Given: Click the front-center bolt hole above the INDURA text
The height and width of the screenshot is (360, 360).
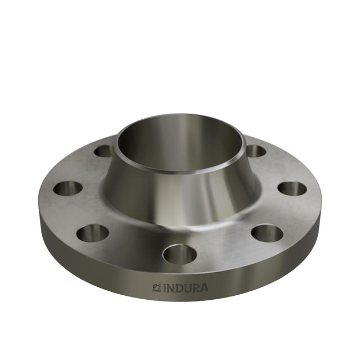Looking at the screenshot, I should coord(179,254).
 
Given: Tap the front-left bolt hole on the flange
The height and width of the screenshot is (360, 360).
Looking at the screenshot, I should coord(93,233).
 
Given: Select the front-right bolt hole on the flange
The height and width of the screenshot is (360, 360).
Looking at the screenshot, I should coord(267,233).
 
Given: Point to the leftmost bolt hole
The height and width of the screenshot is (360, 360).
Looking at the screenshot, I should coord(68,188).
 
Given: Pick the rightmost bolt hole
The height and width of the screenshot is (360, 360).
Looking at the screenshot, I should coord(292,188).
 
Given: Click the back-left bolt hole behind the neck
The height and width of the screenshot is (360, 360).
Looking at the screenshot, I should coord(104,151).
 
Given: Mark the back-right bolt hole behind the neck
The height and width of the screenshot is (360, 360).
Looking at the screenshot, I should coord(256,151).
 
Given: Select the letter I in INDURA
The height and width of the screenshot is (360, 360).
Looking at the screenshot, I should coord(164,288).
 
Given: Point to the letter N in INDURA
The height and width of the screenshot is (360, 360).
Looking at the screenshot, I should coord(170,288).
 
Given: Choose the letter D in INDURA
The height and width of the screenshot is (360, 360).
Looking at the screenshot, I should coord(179,288).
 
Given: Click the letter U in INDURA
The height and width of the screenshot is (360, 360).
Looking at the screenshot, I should coord(187,288).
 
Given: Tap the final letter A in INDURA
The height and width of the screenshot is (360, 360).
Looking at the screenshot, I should coord(203,288).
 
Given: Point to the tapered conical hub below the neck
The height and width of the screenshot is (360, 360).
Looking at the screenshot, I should coord(180,194).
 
